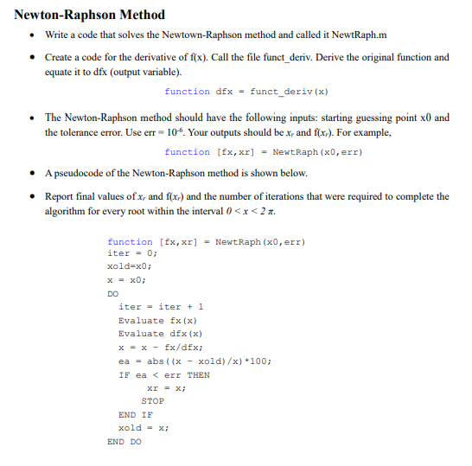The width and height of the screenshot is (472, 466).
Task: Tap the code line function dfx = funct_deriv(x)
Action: coord(246,92)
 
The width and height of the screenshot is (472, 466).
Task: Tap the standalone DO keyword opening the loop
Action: coord(113,294)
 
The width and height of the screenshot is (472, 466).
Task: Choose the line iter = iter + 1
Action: coord(161,307)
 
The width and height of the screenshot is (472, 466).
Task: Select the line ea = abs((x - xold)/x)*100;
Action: coord(193,361)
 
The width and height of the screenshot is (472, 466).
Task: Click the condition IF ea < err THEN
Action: coord(163,375)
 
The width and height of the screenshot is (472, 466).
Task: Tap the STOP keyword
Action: coord(152,401)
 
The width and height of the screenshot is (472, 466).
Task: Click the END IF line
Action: coord(135,415)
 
